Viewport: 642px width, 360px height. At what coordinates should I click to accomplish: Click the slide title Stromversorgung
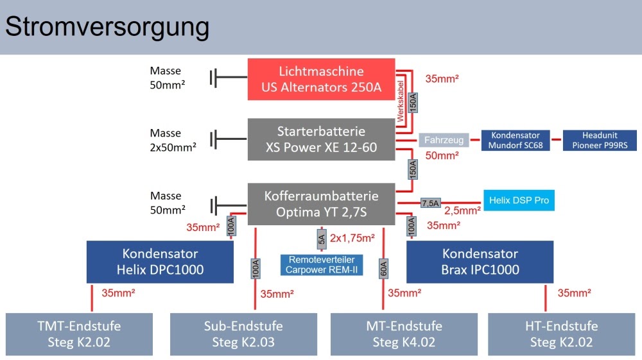[107, 27]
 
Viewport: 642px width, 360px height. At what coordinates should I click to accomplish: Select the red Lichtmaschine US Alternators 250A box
[321, 79]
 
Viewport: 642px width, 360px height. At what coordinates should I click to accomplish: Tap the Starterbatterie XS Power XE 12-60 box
[321, 140]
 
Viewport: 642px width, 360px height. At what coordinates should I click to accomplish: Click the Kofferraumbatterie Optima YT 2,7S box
[321, 203]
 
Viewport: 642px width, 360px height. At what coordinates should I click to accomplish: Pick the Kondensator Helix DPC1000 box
[160, 262]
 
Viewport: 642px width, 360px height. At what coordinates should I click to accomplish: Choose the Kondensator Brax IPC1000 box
[480, 262]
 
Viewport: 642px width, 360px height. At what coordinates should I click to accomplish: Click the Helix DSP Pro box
[519, 201]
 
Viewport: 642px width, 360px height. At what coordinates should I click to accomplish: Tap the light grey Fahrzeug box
[445, 139]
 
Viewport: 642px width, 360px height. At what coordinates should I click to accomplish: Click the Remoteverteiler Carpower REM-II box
[322, 265]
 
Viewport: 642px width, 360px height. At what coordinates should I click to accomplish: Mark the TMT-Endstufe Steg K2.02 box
[79, 334]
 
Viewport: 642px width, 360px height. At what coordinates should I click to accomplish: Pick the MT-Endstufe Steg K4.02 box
[403, 334]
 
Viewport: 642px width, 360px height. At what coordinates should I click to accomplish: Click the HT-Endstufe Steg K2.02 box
[561, 334]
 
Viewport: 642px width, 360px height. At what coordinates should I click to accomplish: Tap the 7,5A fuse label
[430, 203]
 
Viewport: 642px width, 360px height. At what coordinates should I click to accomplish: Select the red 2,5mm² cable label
[462, 210]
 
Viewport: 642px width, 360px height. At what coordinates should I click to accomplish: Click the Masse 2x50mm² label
[173, 140]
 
